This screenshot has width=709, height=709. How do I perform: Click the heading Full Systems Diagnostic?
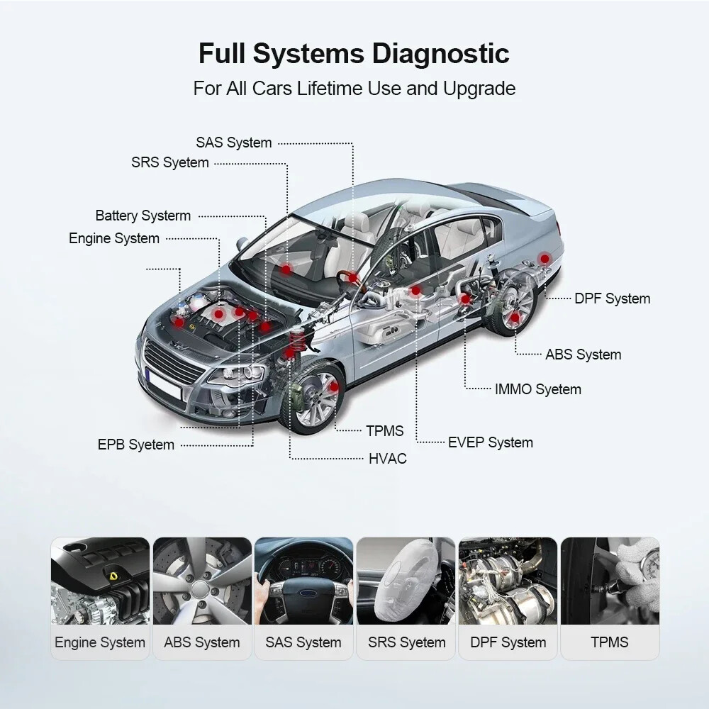coord(353,54)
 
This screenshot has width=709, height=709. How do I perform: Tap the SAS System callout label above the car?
coord(233,143)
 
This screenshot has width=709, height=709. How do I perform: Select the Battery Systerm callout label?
coord(143,216)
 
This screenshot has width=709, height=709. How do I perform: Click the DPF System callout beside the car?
coord(612,298)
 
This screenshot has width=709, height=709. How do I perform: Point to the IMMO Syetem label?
coord(537,389)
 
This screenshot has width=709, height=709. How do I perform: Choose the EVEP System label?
coord(490,442)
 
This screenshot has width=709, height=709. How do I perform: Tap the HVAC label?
coord(387,459)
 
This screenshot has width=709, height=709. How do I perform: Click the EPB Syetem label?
coord(135,445)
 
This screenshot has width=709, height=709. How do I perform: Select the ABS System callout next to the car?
coord(583,354)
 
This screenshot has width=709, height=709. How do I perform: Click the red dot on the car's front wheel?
coord(334,386)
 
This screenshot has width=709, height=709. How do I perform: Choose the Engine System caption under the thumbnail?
coord(100,642)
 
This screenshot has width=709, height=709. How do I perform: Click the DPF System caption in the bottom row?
coord(508,642)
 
